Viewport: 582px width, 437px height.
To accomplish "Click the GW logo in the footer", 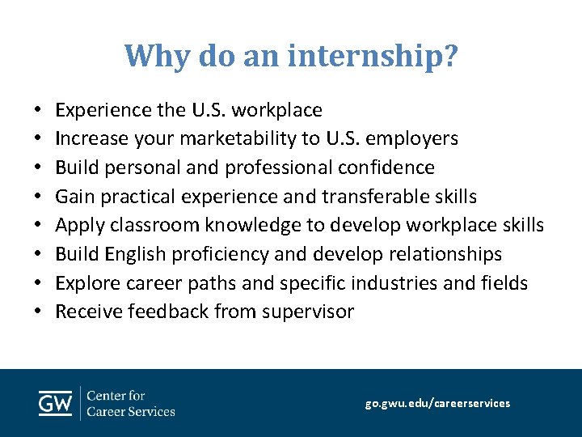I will coord(55,403).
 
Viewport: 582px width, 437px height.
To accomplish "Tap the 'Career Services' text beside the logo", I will coord(130,411).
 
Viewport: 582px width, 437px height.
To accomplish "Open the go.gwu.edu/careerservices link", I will coord(437,403).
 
